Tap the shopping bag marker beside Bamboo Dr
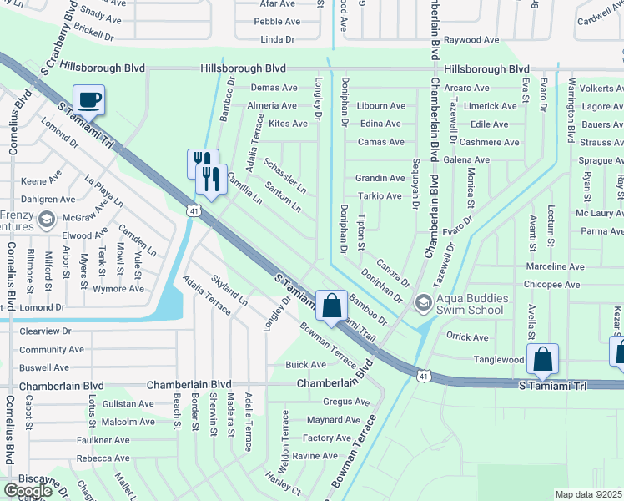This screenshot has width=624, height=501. tap(332, 306)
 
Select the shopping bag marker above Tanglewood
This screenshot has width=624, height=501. tap(542, 360)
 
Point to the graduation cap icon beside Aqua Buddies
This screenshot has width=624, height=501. tap(423, 302)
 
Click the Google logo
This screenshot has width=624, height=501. tap(28, 491)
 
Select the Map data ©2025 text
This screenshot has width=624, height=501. tap(588, 494)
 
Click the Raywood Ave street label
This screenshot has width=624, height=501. tap(471, 39)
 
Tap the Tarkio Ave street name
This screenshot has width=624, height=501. tap(380, 196)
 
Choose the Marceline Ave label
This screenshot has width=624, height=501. tap(555, 266)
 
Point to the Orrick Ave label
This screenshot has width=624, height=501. tap(467, 337)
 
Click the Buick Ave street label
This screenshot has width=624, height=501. tap(306, 365)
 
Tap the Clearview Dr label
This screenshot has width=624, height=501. tap(45, 331)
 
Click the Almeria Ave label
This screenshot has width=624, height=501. tap(271, 106)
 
